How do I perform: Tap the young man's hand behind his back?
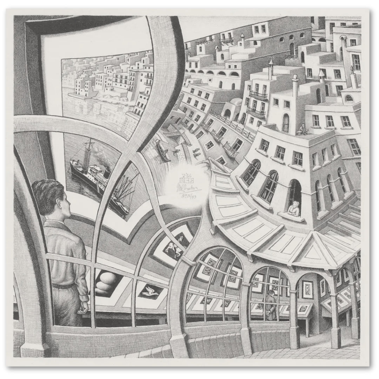[83, 309]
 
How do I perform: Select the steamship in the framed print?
[93, 175]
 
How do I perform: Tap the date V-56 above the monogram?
[181, 174]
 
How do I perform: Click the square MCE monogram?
[182, 180]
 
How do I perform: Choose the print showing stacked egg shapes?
[105, 282]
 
